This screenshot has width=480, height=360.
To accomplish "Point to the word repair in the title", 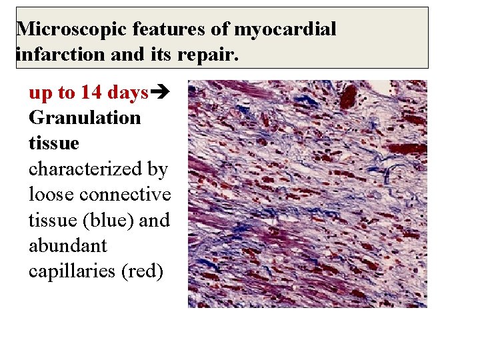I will point(208,54).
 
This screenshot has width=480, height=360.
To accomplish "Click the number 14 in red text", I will point(89,93).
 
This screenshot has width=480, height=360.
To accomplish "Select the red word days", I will point(126,93).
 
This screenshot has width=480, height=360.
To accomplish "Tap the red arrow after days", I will point(159,93).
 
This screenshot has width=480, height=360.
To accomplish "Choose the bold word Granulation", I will point(85,118).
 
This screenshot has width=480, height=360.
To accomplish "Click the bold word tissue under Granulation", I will point(53,143).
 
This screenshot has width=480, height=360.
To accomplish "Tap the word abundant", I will point(67,245).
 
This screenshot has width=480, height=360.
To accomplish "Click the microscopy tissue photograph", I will point(307,193).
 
